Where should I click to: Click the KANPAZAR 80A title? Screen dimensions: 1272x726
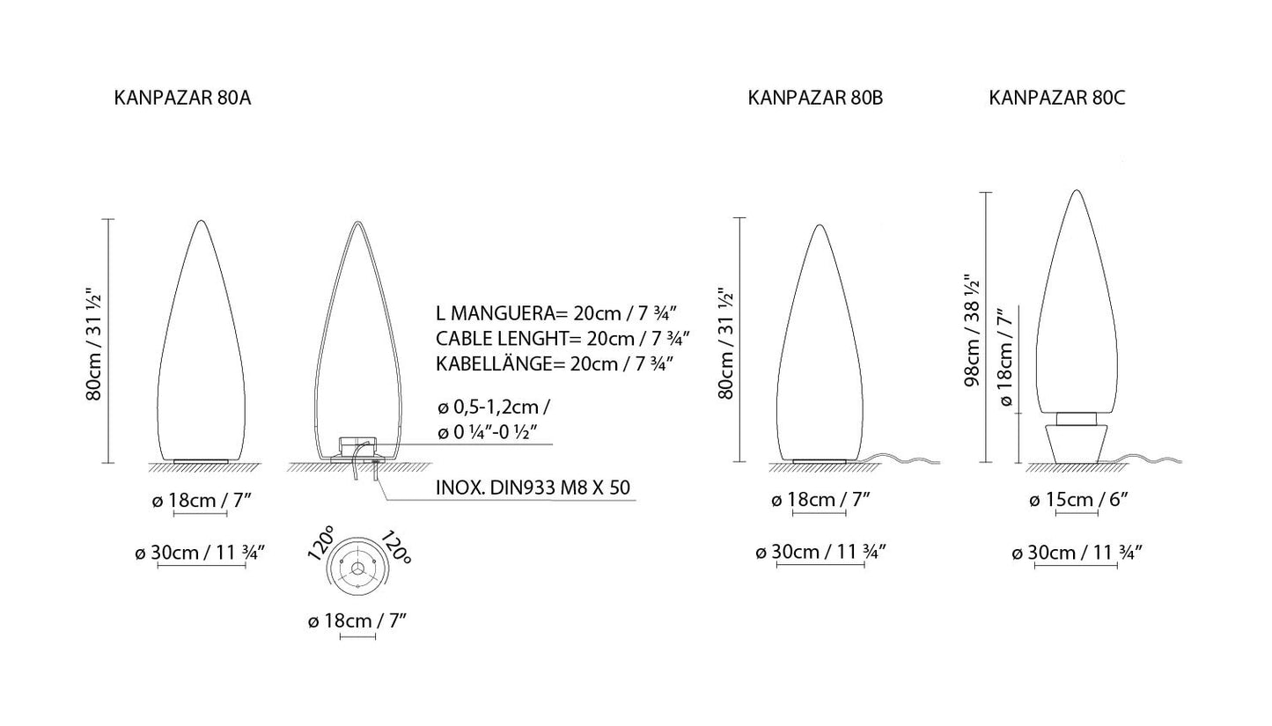pos(182,98)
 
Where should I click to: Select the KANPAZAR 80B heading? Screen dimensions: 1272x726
pos(815,98)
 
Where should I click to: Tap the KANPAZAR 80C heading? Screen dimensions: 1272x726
pos(1057,98)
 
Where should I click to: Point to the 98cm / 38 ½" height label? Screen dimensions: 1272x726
pos(972,330)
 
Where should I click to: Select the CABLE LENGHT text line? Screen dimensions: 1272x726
pos(562,338)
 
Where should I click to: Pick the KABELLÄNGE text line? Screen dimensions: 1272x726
pos(555,363)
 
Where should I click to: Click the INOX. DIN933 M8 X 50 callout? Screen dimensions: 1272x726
pos(533,488)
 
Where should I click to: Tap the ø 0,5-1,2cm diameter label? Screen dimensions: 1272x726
pos(494,407)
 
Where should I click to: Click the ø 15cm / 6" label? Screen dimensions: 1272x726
pos(1078,500)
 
